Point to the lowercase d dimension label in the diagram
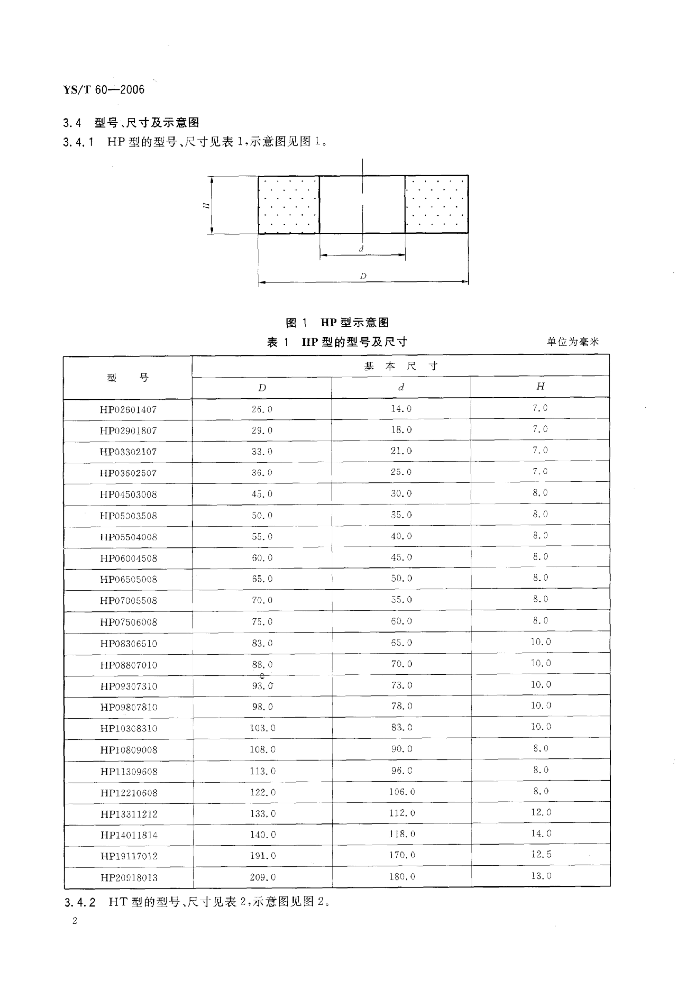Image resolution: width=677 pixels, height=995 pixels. [361, 249]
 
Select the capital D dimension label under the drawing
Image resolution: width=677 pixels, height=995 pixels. [363, 276]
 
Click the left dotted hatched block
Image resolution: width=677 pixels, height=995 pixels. [288, 205]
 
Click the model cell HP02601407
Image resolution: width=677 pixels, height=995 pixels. [128, 410]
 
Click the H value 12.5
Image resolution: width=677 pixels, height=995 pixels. [541, 854]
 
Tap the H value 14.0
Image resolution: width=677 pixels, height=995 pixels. [541, 833]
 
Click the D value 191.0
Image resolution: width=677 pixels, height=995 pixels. [263, 855]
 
